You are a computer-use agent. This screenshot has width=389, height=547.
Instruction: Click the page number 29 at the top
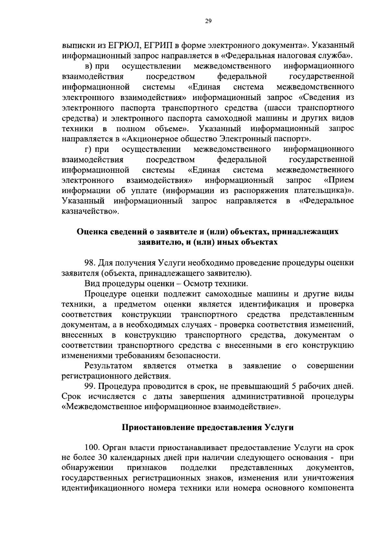coord(208,21)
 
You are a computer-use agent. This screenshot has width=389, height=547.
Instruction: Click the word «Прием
coord(339,180)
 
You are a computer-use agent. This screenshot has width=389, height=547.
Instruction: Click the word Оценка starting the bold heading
coord(91,232)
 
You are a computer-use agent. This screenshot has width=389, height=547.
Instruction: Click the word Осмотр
coord(197,284)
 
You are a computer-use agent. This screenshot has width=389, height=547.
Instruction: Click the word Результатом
coord(108,366)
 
